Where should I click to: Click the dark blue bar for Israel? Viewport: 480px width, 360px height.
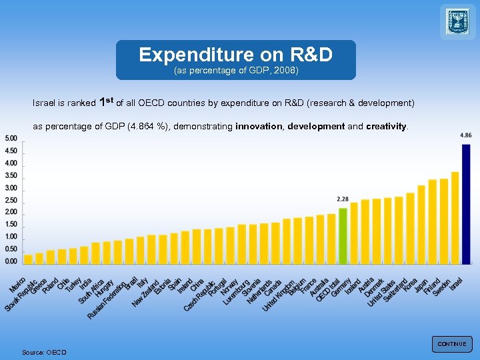coord(466,203)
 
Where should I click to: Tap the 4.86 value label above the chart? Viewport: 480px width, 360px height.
coord(466,135)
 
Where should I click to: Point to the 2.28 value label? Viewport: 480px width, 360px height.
coord(343,199)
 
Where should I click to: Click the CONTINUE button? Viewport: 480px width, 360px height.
coord(451,344)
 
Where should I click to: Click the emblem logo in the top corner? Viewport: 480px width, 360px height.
coord(458,21)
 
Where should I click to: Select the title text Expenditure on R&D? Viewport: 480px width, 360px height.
coord(235,54)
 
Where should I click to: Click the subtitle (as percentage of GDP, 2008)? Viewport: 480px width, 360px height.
coord(235,70)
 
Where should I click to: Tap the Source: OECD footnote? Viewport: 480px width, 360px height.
coord(44,352)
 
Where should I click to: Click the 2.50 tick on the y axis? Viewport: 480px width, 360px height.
coord(11,200)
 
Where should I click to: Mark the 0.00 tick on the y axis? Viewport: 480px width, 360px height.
coord(11,262)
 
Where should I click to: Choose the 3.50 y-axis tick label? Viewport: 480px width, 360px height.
coord(11,175)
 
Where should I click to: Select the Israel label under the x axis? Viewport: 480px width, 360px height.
coord(457,283)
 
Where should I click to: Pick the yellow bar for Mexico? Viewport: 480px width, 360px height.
coord(28,259)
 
